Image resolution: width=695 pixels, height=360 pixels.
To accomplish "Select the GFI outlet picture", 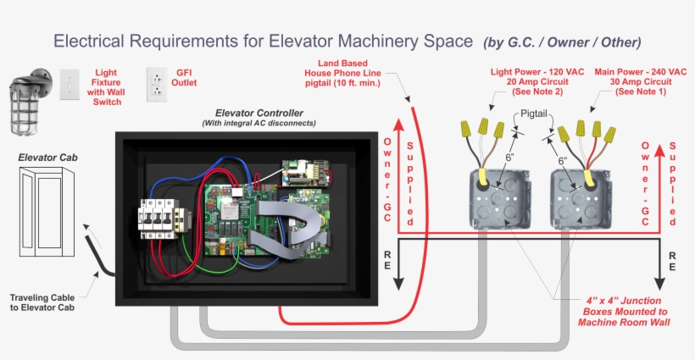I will tap(157, 85).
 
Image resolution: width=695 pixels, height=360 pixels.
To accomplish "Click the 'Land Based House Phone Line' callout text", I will tap(349, 73).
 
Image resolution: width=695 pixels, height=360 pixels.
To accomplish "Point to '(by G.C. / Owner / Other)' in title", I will tap(561, 42).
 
